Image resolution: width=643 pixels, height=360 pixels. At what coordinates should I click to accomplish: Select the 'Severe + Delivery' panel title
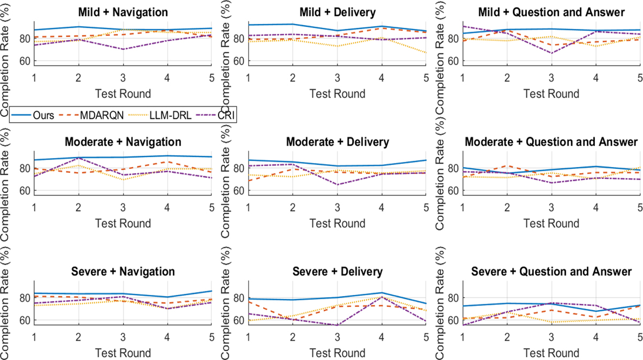coord(337,272)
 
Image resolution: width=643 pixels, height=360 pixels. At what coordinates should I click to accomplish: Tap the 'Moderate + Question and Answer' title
coord(551,142)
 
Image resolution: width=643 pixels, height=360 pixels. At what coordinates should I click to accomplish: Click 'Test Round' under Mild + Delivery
coord(337,94)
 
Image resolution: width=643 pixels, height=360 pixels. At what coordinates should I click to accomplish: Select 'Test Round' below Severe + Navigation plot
coord(123,354)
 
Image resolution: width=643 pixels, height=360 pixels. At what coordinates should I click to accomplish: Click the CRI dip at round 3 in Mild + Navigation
coord(123,49)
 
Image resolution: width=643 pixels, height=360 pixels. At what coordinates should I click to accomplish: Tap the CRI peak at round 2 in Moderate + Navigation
coord(78,158)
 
